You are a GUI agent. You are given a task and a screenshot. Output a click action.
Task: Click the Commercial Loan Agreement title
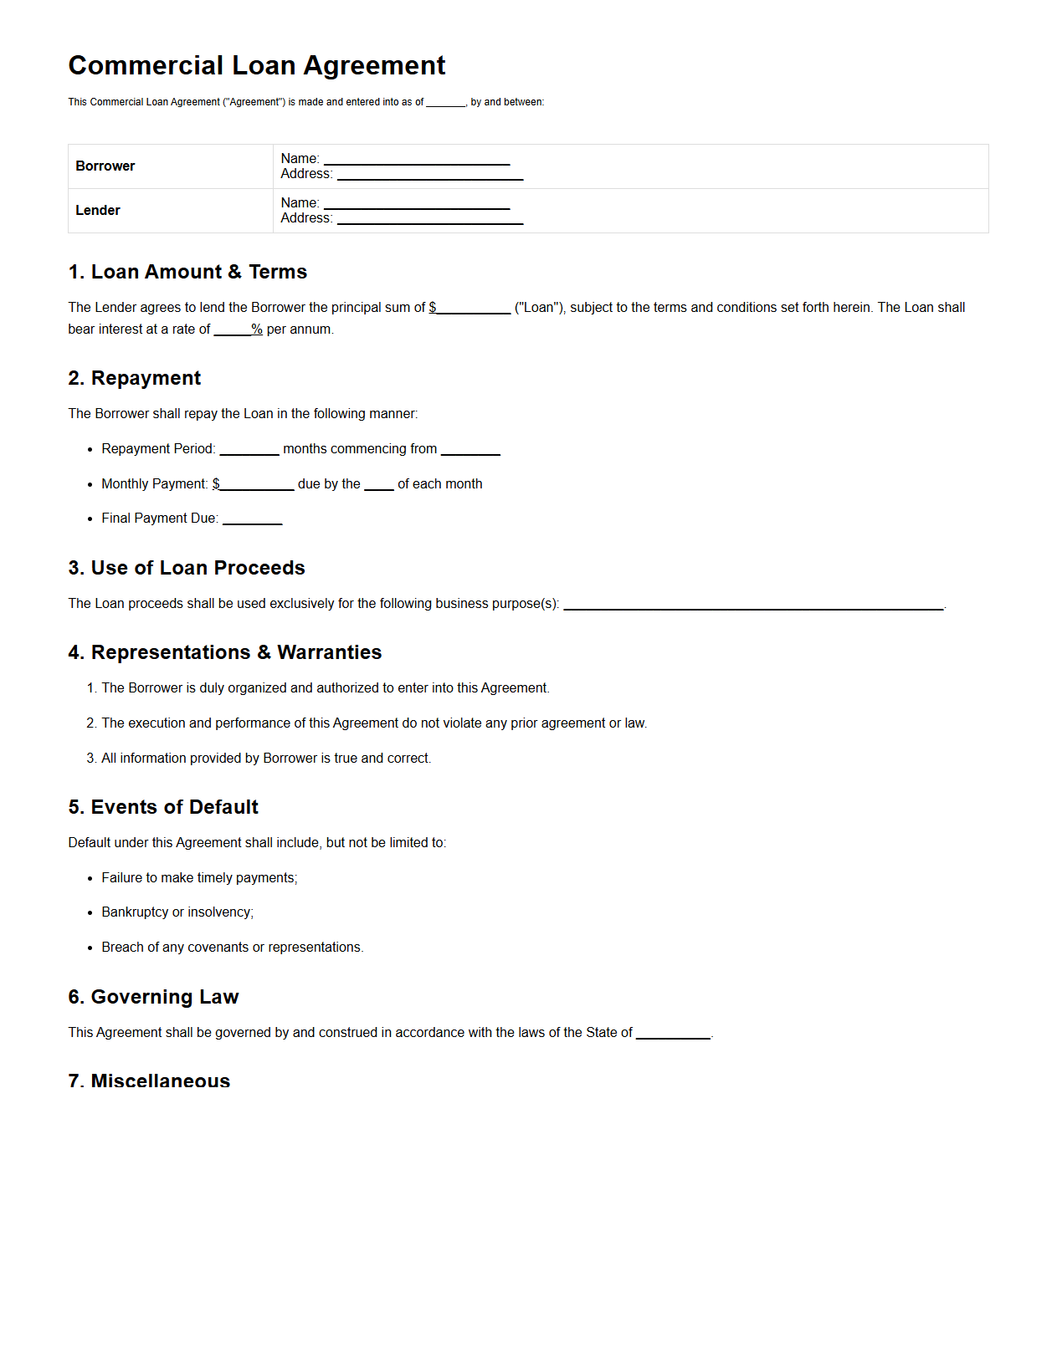point(256,65)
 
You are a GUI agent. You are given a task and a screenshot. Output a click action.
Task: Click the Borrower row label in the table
point(105,166)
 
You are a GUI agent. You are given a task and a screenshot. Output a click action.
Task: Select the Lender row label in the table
point(98,211)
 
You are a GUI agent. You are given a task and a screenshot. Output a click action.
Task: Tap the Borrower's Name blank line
point(417,160)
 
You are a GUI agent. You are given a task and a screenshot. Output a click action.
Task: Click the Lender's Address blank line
point(430,219)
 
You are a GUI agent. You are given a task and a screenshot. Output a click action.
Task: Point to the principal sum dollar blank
point(474,309)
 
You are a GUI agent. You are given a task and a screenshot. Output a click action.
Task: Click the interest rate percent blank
point(233,330)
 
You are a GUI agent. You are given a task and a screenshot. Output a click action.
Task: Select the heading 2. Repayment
point(135,378)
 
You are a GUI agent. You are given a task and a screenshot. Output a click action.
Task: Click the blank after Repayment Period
point(249,450)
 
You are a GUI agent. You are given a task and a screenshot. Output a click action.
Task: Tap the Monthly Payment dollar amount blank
point(257,485)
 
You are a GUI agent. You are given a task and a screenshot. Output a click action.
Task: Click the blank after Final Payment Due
point(253,519)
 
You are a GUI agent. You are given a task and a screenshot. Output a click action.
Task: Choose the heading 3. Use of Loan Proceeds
point(187,568)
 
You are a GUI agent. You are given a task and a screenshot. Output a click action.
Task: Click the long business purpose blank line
point(753,605)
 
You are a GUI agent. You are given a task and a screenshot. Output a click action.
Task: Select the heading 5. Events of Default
point(163,807)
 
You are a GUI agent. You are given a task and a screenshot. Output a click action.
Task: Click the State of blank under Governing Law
point(673,1034)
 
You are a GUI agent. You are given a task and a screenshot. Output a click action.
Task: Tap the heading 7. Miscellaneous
point(149,1081)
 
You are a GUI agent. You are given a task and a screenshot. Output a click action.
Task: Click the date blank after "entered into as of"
point(445,103)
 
